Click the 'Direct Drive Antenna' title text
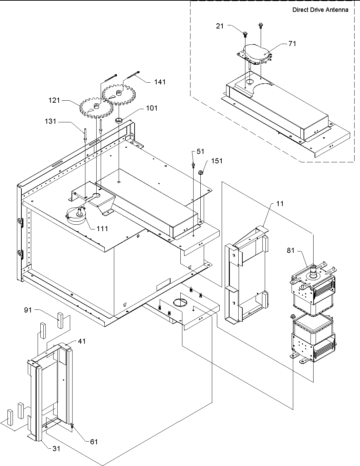tap(320, 10)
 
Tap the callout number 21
tap(220, 26)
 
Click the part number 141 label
tap(160, 82)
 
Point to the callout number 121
tap(54, 100)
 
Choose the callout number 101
tap(152, 108)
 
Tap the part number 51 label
tap(201, 151)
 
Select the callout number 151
tap(217, 161)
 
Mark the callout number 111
tap(102, 228)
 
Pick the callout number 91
tap(28, 310)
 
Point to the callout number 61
tap(94, 442)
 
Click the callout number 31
tap(56, 448)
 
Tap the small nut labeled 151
tap(200, 173)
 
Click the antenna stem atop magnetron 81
tap(314, 270)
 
